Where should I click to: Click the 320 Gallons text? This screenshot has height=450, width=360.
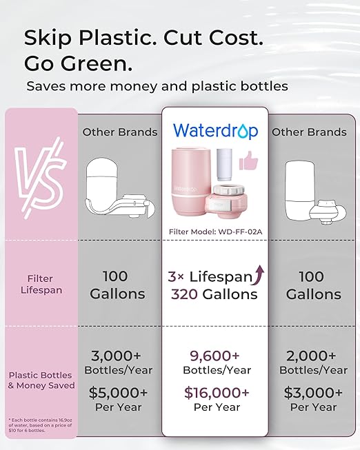coord(214,294)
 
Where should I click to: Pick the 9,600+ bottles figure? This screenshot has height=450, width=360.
coord(214,356)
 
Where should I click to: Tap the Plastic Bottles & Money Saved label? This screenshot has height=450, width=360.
coord(41,380)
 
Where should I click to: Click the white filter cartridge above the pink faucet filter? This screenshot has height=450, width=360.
coord(225,163)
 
